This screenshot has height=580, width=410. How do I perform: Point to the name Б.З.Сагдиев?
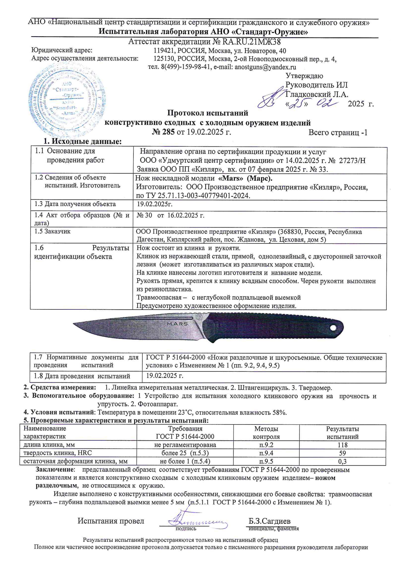(x=269, y=521)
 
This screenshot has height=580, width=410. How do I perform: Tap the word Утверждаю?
(x=304, y=76)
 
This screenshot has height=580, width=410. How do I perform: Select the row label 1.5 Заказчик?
(x=53, y=231)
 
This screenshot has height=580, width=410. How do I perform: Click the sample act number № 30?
(x=144, y=215)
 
